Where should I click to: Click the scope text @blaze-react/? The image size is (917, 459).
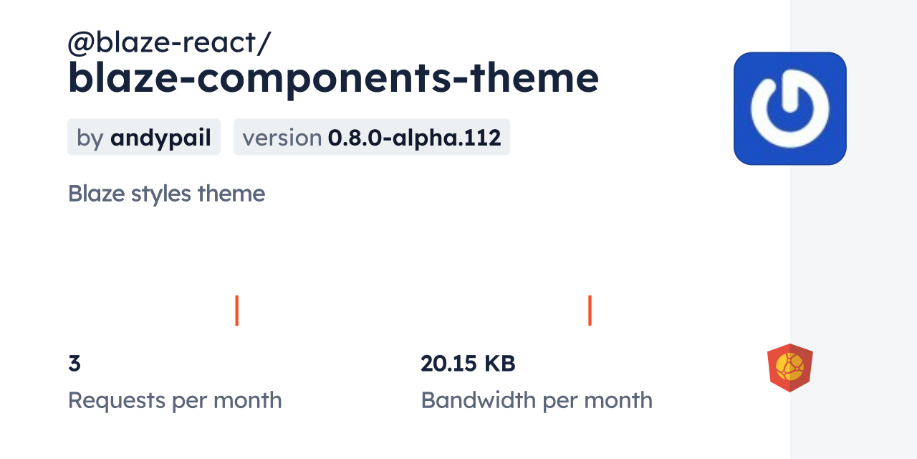[x=169, y=42]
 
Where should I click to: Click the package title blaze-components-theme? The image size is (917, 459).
[x=333, y=79]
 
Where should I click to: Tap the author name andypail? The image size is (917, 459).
[x=161, y=138]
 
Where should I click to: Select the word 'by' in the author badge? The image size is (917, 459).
[x=90, y=138]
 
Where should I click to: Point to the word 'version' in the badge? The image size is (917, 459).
[x=282, y=138]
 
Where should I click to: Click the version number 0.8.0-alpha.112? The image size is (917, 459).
[x=414, y=137]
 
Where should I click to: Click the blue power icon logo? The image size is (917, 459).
[x=790, y=108]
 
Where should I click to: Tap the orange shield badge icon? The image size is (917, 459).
[x=790, y=368]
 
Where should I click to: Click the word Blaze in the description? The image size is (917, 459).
[x=96, y=194]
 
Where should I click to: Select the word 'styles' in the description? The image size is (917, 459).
[x=161, y=194]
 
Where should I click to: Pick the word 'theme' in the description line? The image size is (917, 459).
[x=231, y=194]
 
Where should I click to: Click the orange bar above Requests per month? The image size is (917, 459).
[x=236, y=311]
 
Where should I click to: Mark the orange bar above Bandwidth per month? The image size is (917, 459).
[x=590, y=311]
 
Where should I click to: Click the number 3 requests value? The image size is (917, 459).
[x=75, y=364]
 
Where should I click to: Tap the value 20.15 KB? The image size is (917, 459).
[x=468, y=364]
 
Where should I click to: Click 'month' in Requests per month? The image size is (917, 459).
[x=248, y=400]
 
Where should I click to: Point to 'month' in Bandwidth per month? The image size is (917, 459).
[x=618, y=400]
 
